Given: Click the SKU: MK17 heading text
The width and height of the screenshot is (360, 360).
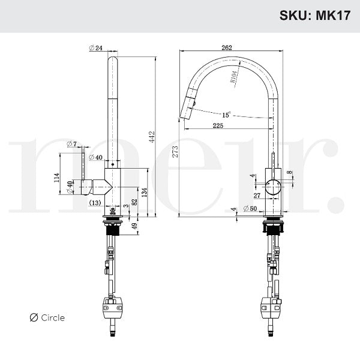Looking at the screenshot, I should click(314, 16).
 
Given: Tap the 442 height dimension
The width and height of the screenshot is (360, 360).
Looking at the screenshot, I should click(152, 136).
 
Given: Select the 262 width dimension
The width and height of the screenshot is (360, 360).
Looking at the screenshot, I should click(226, 48).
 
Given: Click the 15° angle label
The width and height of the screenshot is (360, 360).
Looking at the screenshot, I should click(226, 114).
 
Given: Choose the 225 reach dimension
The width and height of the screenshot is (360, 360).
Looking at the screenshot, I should click(218, 125).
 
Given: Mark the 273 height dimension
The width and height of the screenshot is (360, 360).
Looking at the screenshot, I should click(175, 152).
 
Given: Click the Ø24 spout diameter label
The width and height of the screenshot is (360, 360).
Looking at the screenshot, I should click(96, 48).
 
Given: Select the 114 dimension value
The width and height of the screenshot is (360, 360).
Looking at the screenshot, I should click(56, 178).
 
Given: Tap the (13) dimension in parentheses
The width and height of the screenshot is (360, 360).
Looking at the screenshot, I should click(95, 203).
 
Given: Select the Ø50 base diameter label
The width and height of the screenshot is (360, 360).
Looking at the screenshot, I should click(250, 208).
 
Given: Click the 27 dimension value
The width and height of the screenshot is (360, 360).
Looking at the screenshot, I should click(257, 195).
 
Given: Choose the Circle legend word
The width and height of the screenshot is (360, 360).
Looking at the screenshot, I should click(53, 317).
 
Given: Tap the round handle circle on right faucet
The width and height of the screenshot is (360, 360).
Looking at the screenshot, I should click(273, 187).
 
